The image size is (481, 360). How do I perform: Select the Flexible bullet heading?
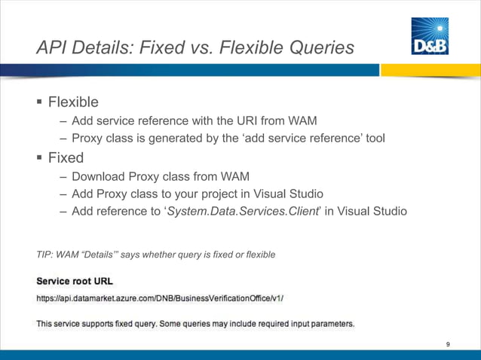coord(73,102)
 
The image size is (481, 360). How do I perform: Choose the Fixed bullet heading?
coord(66,159)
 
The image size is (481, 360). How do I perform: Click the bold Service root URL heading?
coord(75,281)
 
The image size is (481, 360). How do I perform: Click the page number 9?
coord(448,344)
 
